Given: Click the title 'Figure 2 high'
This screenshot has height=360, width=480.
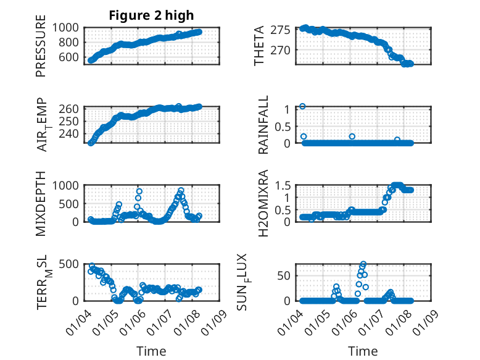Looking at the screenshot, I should coord(151,15).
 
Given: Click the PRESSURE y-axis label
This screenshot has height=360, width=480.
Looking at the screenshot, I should coord(41,49).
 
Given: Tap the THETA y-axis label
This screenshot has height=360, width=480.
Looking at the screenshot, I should coord(260,46).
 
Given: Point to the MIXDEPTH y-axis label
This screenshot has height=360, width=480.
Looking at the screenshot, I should coord(41,203).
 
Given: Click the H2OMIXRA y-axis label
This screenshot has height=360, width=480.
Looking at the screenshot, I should coord(263,203).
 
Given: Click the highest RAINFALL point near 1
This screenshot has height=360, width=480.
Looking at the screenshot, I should coord(302,106).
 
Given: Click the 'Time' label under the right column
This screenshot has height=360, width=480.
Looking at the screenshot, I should coord(363,351).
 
